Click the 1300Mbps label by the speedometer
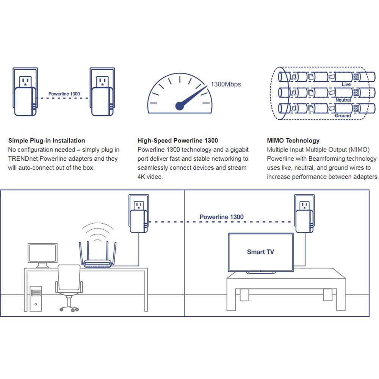tap(226, 84)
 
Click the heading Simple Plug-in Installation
tap(47, 141)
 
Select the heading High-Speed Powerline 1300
tap(178, 141)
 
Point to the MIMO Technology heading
tap(293, 141)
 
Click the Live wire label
tap(346, 85)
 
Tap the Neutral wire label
tap(343, 100)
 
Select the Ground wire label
tap(343, 116)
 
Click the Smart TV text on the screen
tap(260, 252)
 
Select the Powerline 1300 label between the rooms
tap(221, 217)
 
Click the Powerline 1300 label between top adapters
tap(64, 94)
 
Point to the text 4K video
tap(150, 177)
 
